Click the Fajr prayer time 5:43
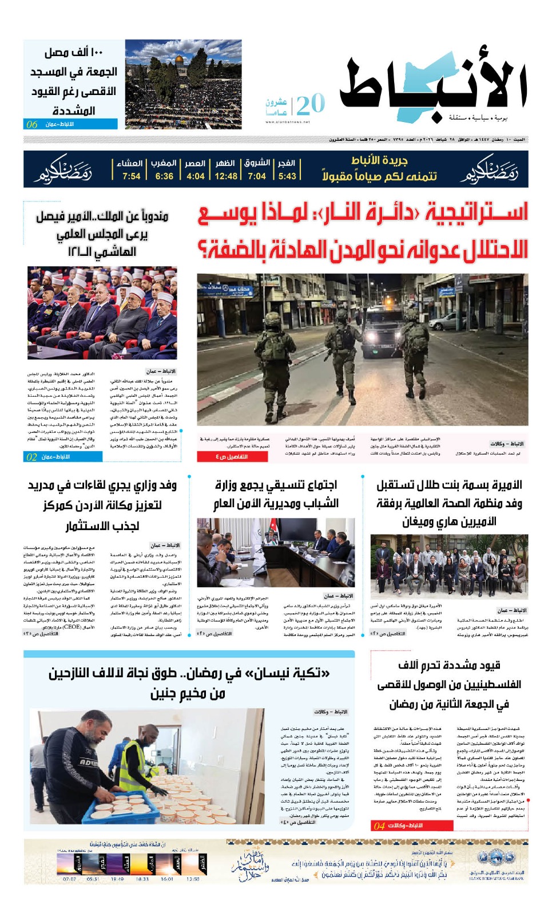(x=287, y=176)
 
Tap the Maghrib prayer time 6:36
(x=164, y=176)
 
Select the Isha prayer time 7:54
(x=131, y=176)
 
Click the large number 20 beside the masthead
(x=311, y=104)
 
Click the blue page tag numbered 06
(x=32, y=124)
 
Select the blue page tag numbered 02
(x=32, y=457)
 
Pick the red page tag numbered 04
(x=379, y=826)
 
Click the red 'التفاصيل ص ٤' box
(x=231, y=457)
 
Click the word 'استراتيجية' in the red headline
(x=478, y=213)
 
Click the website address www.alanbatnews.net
(x=288, y=122)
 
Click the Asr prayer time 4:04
(x=195, y=176)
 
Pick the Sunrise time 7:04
(x=257, y=176)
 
